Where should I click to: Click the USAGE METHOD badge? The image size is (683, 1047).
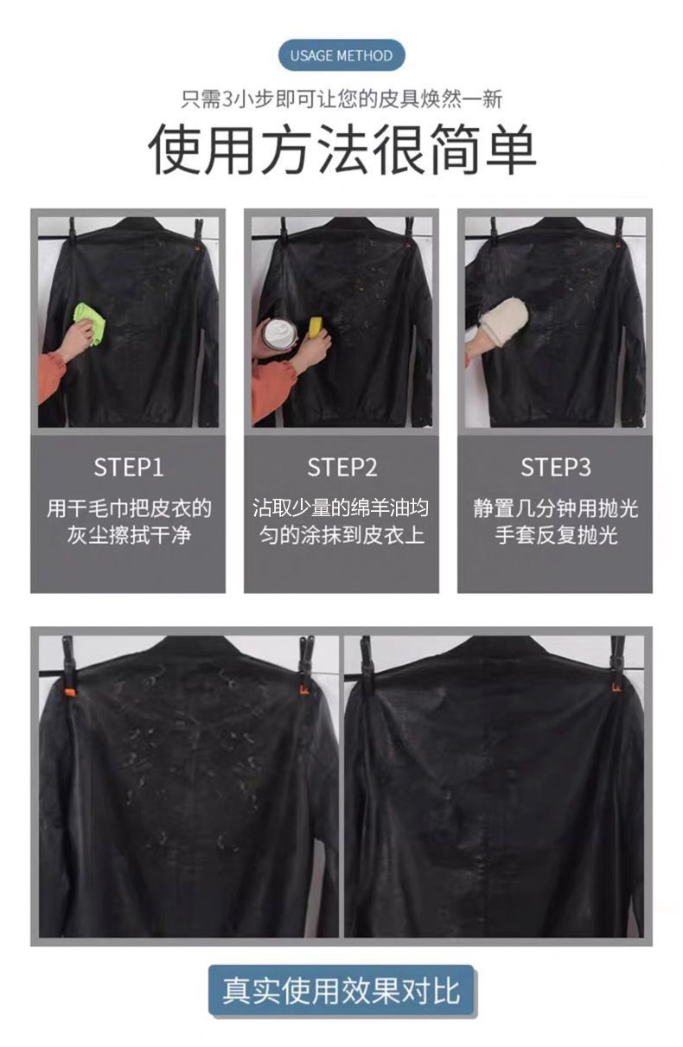[341, 55]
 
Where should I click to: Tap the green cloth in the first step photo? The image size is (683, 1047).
[90, 322]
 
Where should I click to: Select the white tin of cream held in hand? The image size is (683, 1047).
[279, 333]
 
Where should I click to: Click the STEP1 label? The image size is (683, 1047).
[129, 467]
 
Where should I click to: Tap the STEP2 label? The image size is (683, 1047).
[341, 467]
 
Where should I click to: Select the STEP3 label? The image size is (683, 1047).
[555, 467]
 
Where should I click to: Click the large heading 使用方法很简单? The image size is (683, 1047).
[341, 149]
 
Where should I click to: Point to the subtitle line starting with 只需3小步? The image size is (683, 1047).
[341, 99]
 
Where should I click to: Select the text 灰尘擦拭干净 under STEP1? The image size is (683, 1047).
[129, 535]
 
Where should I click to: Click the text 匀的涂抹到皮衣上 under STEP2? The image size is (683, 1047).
[341, 535]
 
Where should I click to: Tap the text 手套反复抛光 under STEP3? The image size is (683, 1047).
[556, 535]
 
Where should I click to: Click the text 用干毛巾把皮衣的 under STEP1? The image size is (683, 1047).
[129, 508]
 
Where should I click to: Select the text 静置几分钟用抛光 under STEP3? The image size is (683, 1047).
[556, 508]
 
